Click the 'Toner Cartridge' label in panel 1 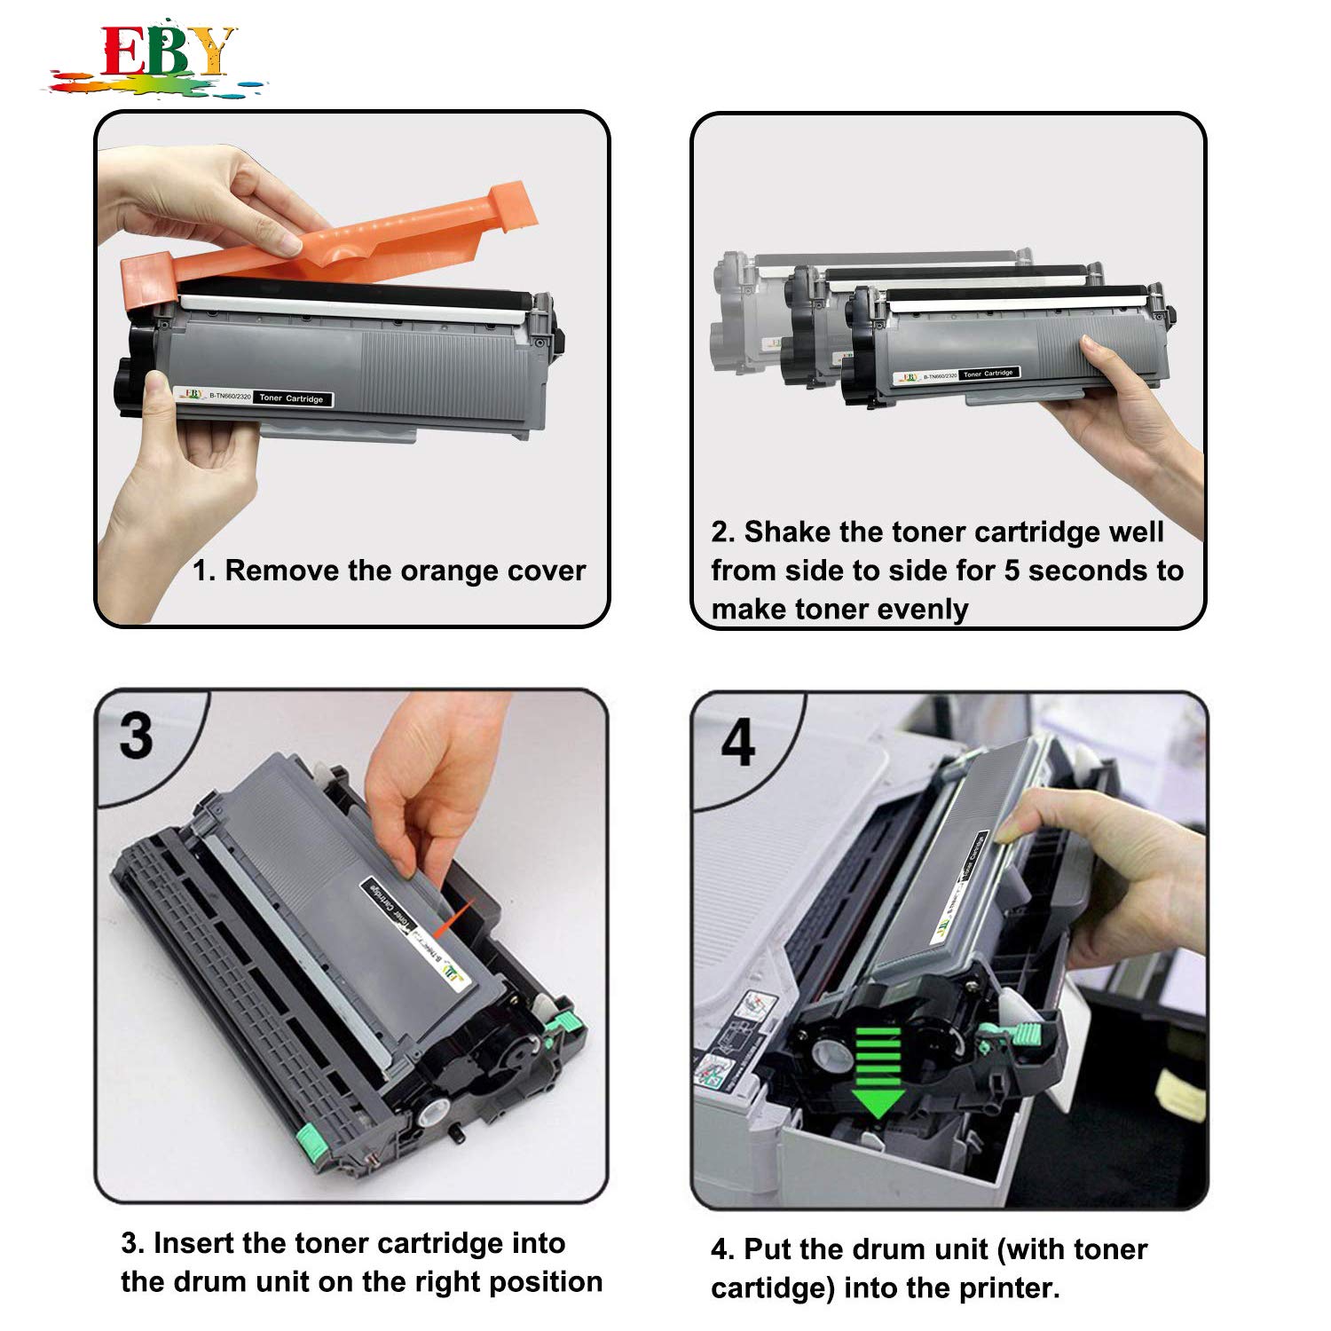(292, 398)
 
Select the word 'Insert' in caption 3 (193, 1243)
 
